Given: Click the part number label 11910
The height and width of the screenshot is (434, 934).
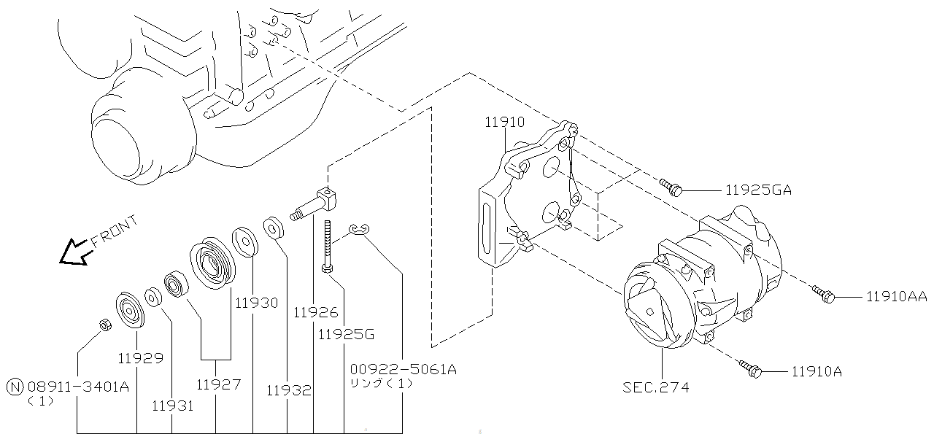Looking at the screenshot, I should pyautogui.click(x=504, y=122).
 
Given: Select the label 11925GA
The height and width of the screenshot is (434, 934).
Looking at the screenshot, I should pyautogui.click(x=758, y=190).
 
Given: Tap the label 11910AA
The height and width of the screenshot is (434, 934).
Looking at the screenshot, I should pyautogui.click(x=897, y=296).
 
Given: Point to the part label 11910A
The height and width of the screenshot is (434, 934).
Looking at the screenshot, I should pyautogui.click(x=817, y=372).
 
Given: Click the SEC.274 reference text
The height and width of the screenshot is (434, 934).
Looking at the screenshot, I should pyautogui.click(x=655, y=387).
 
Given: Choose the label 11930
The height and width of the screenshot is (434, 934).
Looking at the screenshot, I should pyautogui.click(x=256, y=302).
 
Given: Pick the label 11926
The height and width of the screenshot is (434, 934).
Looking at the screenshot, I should pyautogui.click(x=316, y=312).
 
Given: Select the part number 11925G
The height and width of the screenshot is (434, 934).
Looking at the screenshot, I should pyautogui.click(x=346, y=335).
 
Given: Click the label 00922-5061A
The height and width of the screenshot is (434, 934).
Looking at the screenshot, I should pyautogui.click(x=403, y=369).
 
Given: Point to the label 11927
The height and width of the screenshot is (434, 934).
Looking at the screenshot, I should pyautogui.click(x=218, y=384).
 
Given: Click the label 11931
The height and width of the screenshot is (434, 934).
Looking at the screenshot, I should pyautogui.click(x=173, y=405).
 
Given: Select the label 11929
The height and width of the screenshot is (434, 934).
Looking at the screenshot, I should pyautogui.click(x=140, y=358).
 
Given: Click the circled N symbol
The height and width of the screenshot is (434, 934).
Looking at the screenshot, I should pyautogui.click(x=14, y=387).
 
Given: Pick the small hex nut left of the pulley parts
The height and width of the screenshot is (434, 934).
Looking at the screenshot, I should pyautogui.click(x=104, y=325).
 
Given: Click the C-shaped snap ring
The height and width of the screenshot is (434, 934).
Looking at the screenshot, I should pyautogui.click(x=359, y=230).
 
